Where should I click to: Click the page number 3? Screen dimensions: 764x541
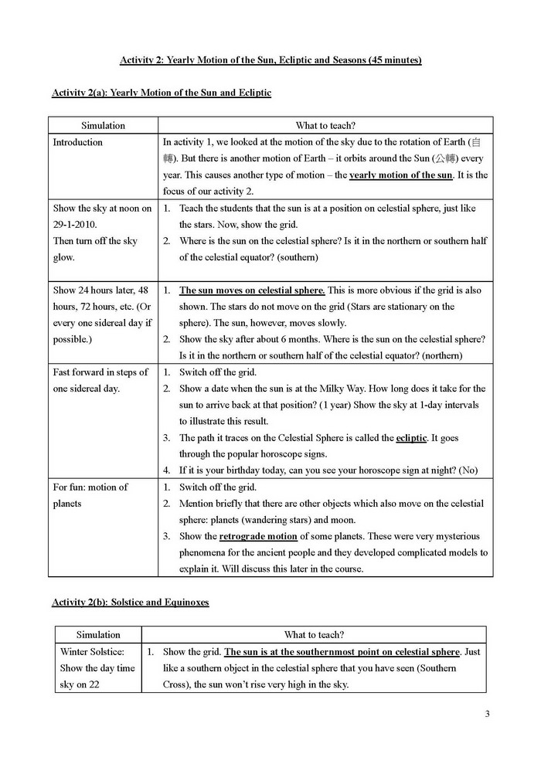(487, 713)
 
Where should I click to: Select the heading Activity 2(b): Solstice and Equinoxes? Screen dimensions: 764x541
(131, 602)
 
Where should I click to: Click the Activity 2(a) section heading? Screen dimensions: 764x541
(162, 93)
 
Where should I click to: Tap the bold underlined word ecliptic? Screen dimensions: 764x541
(411, 437)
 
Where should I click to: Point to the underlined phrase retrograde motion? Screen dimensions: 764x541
(258, 536)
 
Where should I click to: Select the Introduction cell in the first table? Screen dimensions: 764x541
(77, 142)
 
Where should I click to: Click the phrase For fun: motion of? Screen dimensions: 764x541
(90, 487)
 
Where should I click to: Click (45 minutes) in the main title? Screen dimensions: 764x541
(386, 59)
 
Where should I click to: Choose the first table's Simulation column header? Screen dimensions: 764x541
(103, 125)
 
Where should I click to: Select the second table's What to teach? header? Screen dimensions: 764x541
(315, 634)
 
